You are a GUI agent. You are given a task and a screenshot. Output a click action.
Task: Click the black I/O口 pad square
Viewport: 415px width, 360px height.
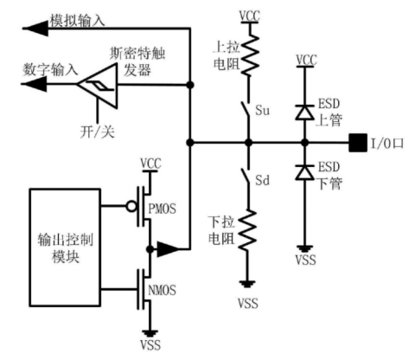[x=354, y=139]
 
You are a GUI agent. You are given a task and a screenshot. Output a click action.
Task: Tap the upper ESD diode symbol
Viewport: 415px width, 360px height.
[x=303, y=110]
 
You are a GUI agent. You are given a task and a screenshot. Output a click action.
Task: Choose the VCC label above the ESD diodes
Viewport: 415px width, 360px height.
[x=303, y=59]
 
